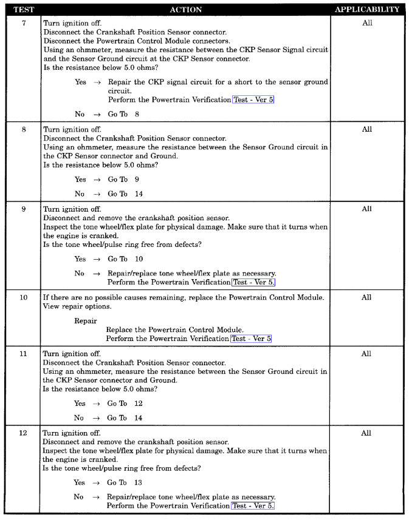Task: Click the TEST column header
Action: (x=23, y=10)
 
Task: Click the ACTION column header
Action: (x=185, y=10)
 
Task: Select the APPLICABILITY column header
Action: (x=367, y=10)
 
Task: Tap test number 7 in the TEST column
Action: (x=23, y=23)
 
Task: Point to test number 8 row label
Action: (x=23, y=129)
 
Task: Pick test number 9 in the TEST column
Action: (x=23, y=209)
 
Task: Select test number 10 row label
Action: (x=23, y=298)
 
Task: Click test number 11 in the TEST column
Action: (x=23, y=354)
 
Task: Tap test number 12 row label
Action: (x=23, y=433)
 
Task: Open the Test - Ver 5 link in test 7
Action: (x=253, y=100)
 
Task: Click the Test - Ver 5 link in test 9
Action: (x=253, y=282)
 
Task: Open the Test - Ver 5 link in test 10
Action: (x=251, y=339)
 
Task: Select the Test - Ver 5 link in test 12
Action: (x=253, y=506)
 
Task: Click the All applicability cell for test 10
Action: (x=366, y=298)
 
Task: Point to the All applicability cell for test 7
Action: (x=367, y=23)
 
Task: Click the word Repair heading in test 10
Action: (x=86, y=320)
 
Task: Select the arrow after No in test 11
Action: (x=96, y=418)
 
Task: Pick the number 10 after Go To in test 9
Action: (x=139, y=259)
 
